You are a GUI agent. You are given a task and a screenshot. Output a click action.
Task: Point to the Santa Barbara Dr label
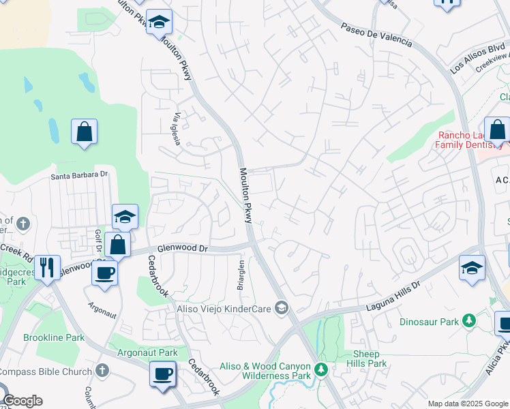(x=80, y=175)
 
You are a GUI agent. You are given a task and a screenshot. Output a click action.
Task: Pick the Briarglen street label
(x=240, y=275)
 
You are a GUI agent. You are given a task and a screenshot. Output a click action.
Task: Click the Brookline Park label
(x=54, y=337)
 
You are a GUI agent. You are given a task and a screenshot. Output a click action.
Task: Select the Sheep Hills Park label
(x=370, y=359)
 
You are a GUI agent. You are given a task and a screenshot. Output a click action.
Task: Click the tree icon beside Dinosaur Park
(x=468, y=320)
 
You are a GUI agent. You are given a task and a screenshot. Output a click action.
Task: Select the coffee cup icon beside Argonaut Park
(x=162, y=374)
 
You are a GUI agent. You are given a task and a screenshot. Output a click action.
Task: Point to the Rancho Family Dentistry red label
(x=470, y=140)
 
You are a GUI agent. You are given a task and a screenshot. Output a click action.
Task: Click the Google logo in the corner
(x=22, y=401)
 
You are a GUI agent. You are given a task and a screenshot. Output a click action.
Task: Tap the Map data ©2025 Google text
(x=468, y=404)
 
